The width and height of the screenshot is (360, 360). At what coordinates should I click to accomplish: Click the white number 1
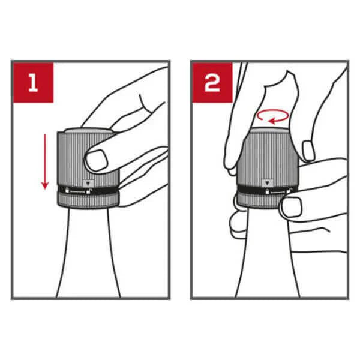pos(33,83)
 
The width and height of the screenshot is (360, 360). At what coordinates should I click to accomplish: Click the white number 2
pos(212,83)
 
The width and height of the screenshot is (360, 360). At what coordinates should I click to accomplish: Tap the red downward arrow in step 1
pos(45,161)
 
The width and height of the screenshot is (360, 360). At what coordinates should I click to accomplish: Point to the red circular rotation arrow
pos(272,116)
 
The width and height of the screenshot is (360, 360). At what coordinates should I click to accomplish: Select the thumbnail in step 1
pos(97,160)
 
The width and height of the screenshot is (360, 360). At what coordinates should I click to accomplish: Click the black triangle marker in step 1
pos(88,184)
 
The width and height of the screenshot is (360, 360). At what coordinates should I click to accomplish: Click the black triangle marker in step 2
pos(267,183)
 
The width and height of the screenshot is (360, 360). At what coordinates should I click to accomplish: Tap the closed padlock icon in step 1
pos(67,191)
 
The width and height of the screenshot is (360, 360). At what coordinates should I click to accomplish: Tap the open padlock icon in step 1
pos(88,191)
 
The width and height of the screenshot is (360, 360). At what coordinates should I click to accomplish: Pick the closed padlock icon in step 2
pos(267,191)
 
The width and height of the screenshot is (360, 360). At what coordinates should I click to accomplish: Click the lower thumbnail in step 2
pos(292,206)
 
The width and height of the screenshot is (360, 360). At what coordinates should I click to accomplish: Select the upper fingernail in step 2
pos(308,151)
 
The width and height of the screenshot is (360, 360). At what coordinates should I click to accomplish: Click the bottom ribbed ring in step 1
pos(88,200)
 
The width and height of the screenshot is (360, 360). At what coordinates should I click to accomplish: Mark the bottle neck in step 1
pos(88,253)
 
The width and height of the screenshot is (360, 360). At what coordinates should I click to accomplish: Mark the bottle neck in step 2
pos(268,253)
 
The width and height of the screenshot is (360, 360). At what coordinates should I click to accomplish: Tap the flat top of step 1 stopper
pos(88,130)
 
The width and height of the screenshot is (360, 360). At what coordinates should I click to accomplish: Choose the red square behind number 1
pos(33,83)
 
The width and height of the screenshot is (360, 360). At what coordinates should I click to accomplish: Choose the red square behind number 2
pos(212,83)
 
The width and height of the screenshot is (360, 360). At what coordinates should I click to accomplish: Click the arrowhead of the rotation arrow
pos(273,121)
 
